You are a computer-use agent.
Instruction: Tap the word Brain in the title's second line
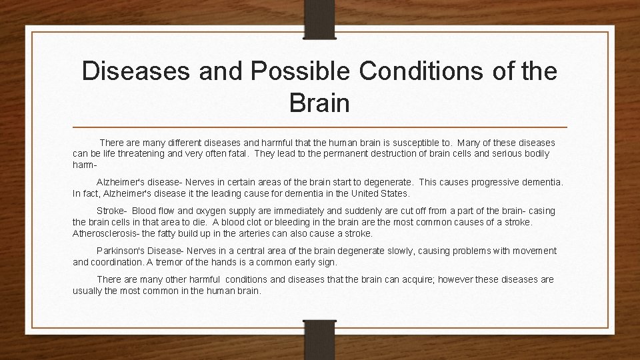(319, 103)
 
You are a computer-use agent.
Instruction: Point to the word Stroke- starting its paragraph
(111, 211)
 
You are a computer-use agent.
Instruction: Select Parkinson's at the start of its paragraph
(119, 251)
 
